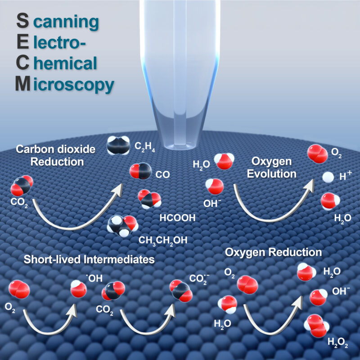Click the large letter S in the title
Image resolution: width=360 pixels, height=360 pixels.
point(23,21)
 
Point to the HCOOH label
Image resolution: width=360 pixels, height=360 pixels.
point(177,218)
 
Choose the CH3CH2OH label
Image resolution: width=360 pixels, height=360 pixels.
point(163,240)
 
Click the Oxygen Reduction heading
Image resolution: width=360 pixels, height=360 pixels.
point(274,252)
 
